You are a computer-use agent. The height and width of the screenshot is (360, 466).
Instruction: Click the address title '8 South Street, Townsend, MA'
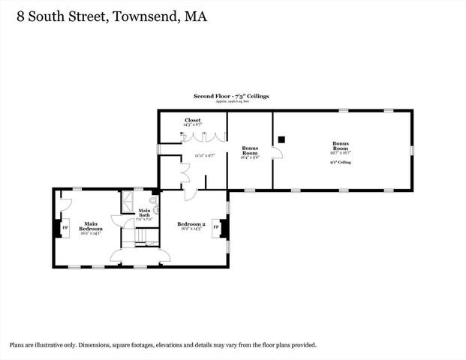[x=107, y=15]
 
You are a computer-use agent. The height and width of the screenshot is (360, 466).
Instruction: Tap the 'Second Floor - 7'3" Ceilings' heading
[x=231, y=97]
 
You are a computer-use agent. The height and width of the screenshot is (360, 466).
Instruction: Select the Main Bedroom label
[x=91, y=226]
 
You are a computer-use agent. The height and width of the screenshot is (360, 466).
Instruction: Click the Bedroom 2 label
[x=191, y=224]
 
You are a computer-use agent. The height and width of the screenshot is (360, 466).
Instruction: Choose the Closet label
[x=192, y=120]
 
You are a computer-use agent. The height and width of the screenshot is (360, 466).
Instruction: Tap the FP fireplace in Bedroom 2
[x=217, y=226]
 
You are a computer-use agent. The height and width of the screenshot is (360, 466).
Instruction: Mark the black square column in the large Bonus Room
[x=281, y=138]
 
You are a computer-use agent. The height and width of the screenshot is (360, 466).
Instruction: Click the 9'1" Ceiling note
[x=341, y=162]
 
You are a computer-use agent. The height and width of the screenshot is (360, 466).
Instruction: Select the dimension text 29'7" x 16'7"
[x=341, y=152]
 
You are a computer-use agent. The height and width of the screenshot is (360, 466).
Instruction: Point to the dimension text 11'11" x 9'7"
[x=204, y=155]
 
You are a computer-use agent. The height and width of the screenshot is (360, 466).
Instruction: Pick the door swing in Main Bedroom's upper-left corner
[x=65, y=199]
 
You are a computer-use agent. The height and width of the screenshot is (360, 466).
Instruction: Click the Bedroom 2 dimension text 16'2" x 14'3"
[x=191, y=229]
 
